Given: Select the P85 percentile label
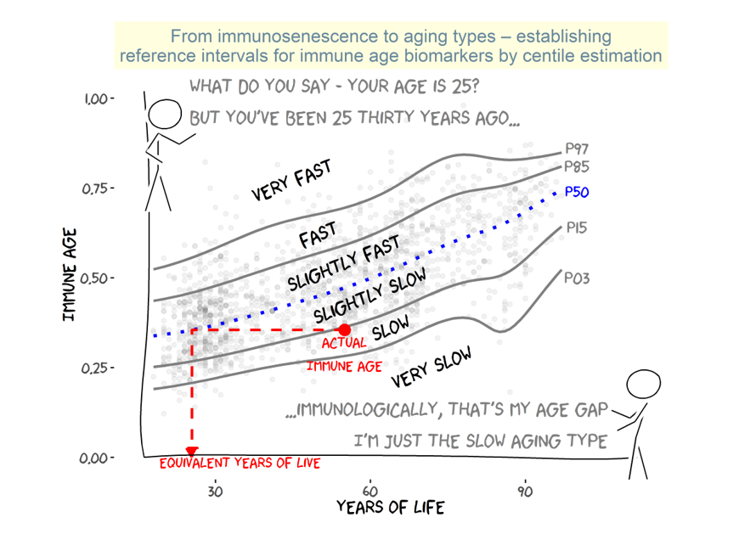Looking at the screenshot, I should click(x=577, y=167).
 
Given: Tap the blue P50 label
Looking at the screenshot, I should click(x=577, y=193).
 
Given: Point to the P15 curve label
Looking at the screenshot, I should click(x=576, y=228).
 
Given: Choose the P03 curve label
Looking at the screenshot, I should click(x=577, y=279).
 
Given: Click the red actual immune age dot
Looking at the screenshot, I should click(x=344, y=329).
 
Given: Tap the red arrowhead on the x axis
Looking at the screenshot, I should click(x=192, y=453).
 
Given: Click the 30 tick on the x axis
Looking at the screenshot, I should click(x=215, y=491).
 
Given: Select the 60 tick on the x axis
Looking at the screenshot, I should click(x=370, y=491).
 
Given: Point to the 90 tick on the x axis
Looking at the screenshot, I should click(x=525, y=491).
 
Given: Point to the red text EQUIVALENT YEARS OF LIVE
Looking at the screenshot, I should click(x=240, y=464).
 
